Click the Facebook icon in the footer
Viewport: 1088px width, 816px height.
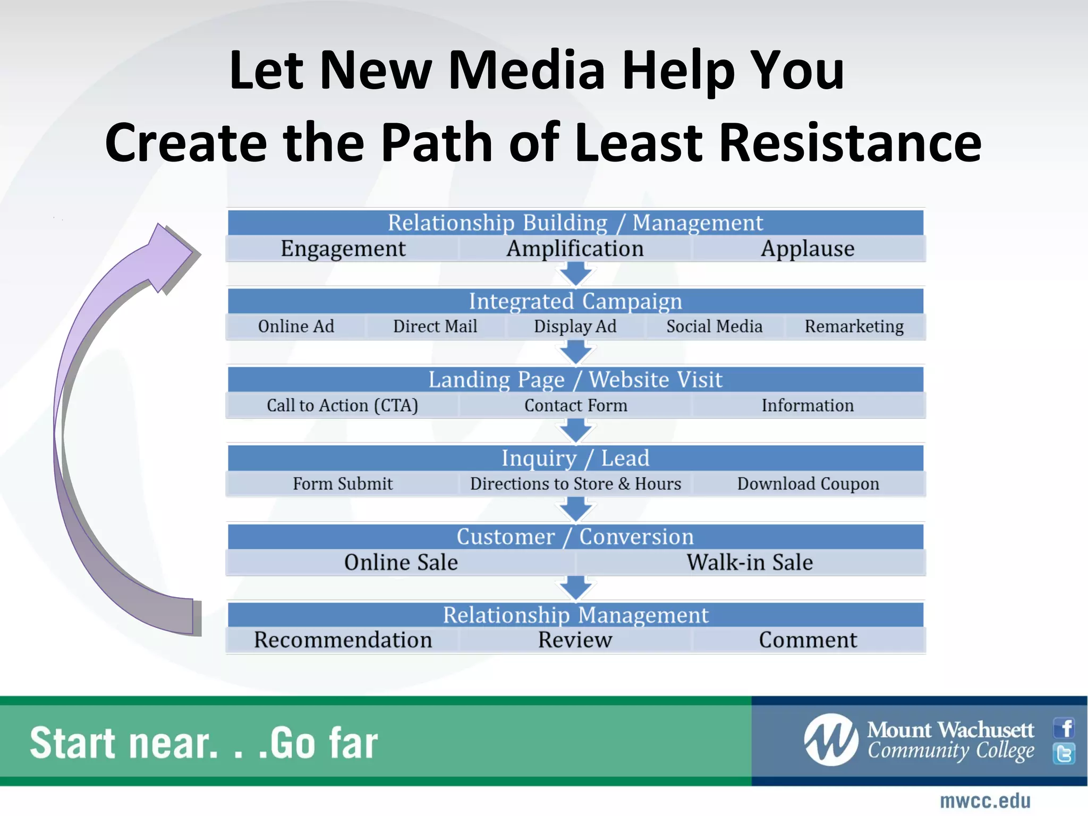tap(1064, 728)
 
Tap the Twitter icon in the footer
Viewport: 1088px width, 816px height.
tap(1064, 753)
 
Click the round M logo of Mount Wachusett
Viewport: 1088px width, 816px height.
tap(831, 739)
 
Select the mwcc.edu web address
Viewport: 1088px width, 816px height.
tap(985, 801)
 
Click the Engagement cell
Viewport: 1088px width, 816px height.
tap(343, 249)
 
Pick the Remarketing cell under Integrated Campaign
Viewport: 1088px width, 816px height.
tap(854, 326)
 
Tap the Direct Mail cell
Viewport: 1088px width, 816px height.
tap(435, 326)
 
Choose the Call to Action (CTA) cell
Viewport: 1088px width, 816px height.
tap(343, 405)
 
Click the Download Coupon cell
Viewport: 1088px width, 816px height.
tap(808, 484)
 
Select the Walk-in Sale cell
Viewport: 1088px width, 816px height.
tap(750, 562)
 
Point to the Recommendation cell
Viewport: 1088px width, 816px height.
tap(343, 640)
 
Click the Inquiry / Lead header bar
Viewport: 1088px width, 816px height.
tap(575, 458)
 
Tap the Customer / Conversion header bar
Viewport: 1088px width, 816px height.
tap(575, 537)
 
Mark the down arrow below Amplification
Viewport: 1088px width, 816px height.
tap(576, 273)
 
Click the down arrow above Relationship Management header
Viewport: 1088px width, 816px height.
tap(576, 588)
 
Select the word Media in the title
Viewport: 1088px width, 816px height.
tap(526, 70)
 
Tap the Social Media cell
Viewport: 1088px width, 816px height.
tap(715, 326)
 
